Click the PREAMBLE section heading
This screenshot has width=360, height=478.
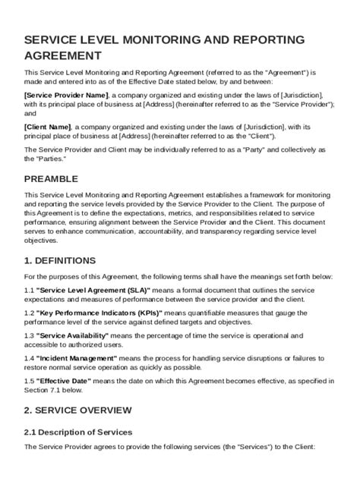tap(52, 179)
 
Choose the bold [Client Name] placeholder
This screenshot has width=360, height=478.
tap(48, 127)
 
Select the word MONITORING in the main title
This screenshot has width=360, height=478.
tap(163, 39)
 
